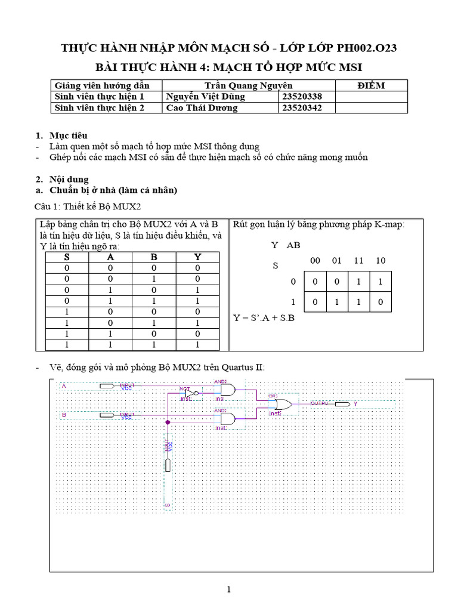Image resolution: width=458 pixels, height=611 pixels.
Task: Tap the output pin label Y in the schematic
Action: [x=355, y=404]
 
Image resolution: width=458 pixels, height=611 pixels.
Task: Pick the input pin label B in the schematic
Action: [x=64, y=413]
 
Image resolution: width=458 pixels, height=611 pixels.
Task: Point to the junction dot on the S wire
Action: [x=168, y=422]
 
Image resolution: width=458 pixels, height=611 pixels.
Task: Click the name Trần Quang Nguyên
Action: [x=248, y=85]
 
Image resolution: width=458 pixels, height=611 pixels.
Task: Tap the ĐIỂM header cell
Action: [x=371, y=85]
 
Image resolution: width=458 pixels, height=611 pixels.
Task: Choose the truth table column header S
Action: [x=67, y=257]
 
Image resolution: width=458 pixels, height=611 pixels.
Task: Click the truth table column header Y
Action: [x=197, y=257]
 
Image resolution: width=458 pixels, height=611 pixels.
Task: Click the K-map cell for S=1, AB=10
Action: [x=380, y=302]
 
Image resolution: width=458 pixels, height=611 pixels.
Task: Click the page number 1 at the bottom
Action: [x=228, y=590]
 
